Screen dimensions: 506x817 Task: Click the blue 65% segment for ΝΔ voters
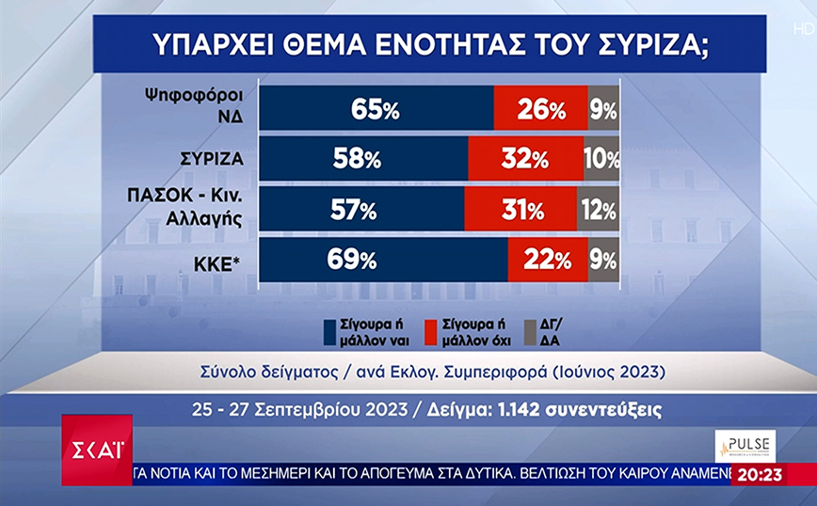coord(376,110)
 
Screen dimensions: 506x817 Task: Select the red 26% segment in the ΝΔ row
coord(540,110)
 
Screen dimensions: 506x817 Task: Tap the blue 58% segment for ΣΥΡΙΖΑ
coord(363,160)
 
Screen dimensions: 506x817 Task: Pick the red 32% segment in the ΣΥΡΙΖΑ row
coord(525,160)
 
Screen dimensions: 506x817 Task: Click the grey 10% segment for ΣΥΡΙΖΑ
coord(601,160)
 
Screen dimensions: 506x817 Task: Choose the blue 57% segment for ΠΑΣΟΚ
coord(361,210)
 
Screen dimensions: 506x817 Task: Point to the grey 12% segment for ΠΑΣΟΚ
coord(599,210)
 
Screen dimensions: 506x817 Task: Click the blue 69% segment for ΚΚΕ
coord(383,260)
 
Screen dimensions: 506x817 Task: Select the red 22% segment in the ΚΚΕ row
coord(548,260)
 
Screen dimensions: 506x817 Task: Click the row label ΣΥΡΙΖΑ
coord(213,160)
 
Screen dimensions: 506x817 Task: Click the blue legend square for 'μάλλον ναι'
coord(330,330)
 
